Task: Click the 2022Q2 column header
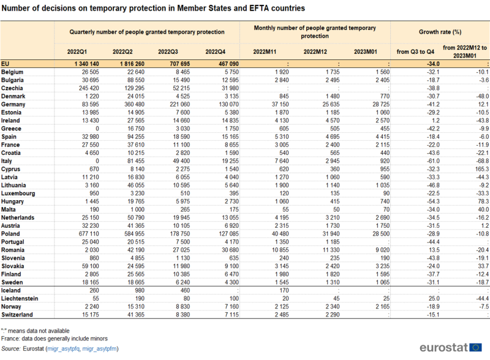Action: pos(123,52)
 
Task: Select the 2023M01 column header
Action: pos(365,52)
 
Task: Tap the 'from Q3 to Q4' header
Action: pos(415,52)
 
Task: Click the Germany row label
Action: pos(13,104)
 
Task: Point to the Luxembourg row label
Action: pos(18,193)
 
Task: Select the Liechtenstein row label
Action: pos(20,298)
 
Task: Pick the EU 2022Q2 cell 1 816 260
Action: pos(132,64)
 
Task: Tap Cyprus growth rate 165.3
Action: pos(482,169)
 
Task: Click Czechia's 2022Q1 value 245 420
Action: pos(89,88)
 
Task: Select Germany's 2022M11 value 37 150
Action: pos(280,104)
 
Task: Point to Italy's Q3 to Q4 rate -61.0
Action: pos(434,161)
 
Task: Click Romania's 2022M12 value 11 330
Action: pos(331,250)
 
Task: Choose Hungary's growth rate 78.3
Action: pos(483,201)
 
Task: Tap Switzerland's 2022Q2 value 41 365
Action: pos(135,315)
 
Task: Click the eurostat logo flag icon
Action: pos(476,348)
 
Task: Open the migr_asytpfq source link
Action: pos(64,349)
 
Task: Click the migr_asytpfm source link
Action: pos(99,349)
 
